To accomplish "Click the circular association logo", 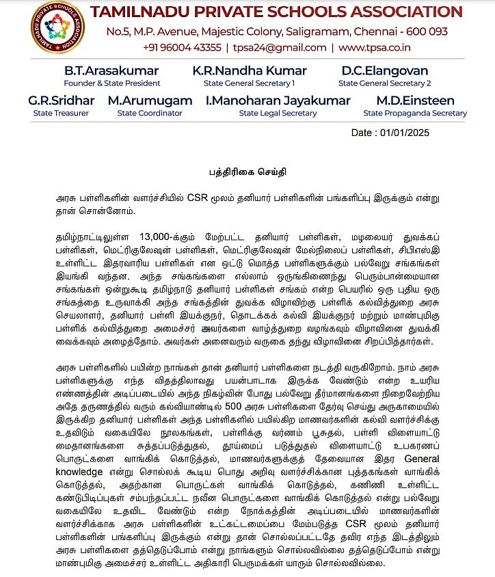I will pos(57,28).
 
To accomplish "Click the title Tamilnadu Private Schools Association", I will pos(276,12).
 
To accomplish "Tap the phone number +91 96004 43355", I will pos(182,47).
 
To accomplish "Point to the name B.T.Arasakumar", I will pos(111,71).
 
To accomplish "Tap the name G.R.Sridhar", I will pos(61,100).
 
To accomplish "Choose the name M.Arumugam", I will pos(150,100).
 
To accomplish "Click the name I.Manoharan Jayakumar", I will pos(278,100).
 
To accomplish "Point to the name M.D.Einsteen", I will pos(415,100).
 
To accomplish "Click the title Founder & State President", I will pos(111,83).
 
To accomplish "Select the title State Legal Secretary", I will pos(278,113).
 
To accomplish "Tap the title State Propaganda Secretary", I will pos(415,113).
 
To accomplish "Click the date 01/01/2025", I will pos(428,133).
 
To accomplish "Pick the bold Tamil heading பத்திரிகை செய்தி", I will pos(247,172).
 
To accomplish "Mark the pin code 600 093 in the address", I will pos(426,31).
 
